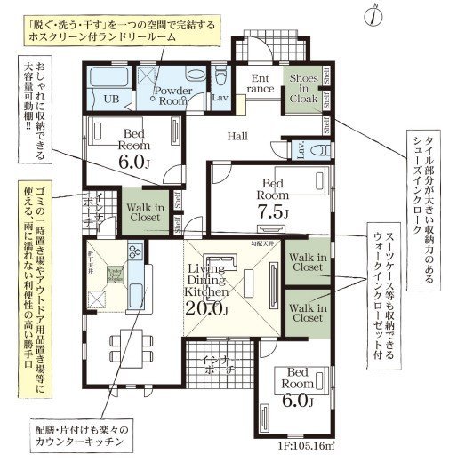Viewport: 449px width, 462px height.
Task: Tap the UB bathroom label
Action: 112,99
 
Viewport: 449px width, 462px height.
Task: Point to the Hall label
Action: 237,136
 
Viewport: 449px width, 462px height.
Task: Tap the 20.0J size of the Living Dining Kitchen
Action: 207,309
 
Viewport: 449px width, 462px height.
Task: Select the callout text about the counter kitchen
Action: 76,434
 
